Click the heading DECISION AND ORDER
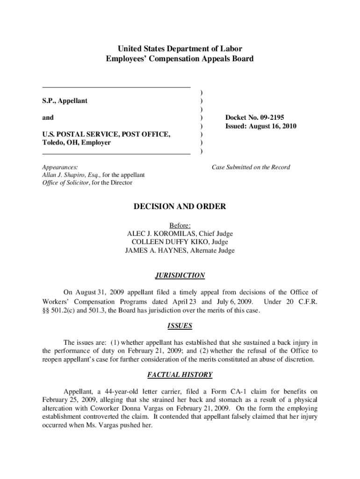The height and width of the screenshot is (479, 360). pyautogui.click(x=180, y=206)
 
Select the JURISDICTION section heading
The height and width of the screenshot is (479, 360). pyautogui.click(x=180, y=276)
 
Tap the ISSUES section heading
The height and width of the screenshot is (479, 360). pyautogui.click(x=180, y=326)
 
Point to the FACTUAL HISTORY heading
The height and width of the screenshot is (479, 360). pyautogui.click(x=180, y=375)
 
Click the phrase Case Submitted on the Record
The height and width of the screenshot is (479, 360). pyautogui.click(x=251, y=167)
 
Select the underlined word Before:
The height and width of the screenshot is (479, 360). pyautogui.click(x=180, y=225)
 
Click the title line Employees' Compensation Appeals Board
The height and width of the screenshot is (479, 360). pyautogui.click(x=180, y=59)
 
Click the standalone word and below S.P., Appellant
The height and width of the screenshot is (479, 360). pyautogui.click(x=48, y=118)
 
